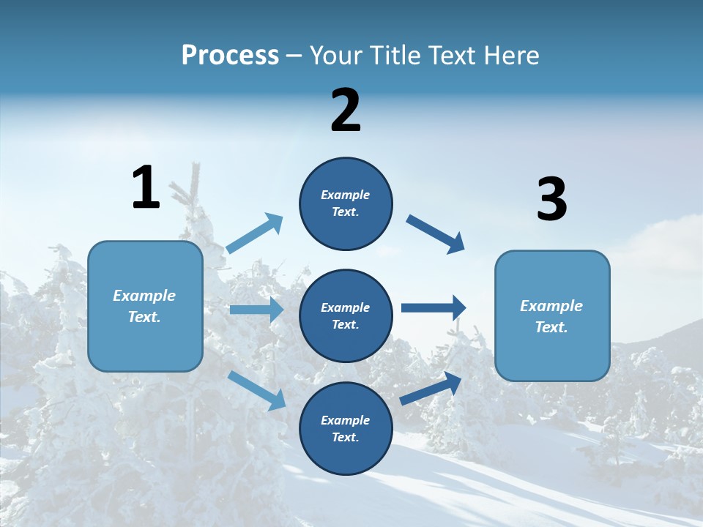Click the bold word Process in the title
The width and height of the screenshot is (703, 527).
(230, 56)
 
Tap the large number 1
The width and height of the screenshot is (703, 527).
(146, 187)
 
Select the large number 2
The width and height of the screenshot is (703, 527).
(346, 111)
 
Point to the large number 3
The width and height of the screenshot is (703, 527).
(551, 200)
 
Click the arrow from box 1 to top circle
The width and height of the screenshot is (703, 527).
(255, 233)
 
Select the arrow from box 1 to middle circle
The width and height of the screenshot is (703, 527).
(256, 310)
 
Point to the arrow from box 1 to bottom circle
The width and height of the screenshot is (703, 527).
(257, 389)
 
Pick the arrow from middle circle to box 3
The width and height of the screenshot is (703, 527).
(434, 308)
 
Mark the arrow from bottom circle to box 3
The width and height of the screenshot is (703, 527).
(431, 388)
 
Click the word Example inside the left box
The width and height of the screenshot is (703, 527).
(144, 296)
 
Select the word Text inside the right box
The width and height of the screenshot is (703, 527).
(550, 327)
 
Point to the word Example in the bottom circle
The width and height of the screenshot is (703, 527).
(345, 420)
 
